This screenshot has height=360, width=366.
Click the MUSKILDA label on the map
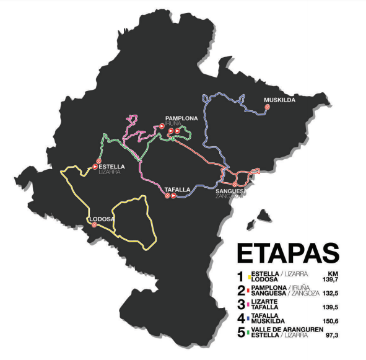click(279, 100)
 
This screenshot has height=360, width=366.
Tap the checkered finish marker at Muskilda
click(268, 107)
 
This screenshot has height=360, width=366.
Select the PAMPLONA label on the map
click(181, 118)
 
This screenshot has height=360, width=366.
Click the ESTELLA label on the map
click(112, 166)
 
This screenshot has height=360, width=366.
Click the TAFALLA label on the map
click(178, 189)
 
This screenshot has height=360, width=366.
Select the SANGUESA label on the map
click(231, 191)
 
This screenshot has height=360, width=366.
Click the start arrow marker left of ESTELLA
click(95, 166)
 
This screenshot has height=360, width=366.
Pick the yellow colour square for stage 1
click(249, 274)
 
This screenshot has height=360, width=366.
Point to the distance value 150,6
click(330, 321)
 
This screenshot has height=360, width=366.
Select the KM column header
click(333, 273)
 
